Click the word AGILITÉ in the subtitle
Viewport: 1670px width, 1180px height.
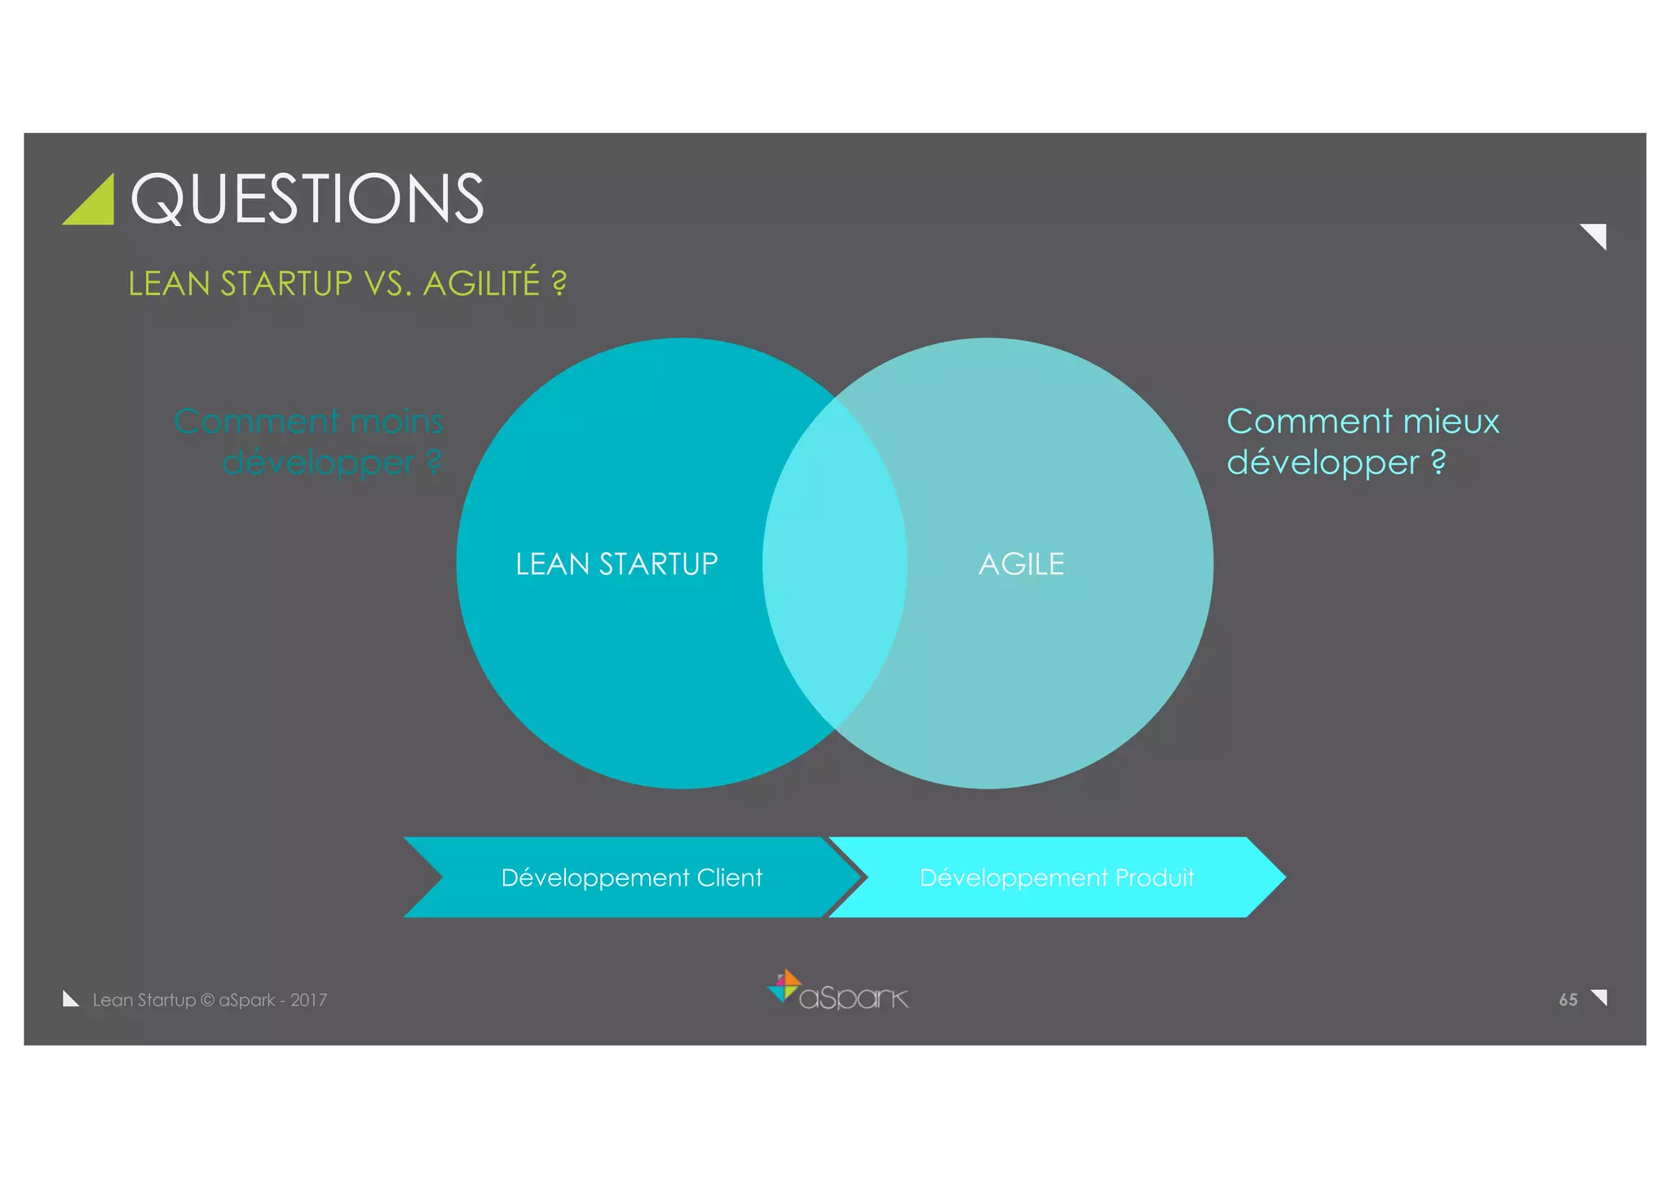(x=481, y=284)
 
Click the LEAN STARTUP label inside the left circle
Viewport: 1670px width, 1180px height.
(x=616, y=564)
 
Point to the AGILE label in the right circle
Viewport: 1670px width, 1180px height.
(x=1021, y=564)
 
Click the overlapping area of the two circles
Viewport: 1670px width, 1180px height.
(x=835, y=563)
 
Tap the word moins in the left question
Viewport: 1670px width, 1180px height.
(x=396, y=422)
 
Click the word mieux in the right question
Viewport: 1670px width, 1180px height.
(x=1451, y=422)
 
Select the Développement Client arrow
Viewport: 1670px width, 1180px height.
(x=620, y=877)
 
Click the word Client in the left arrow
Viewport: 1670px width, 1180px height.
(x=729, y=877)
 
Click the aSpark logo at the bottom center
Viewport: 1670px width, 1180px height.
(x=838, y=992)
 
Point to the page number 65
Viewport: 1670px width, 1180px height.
(x=1567, y=1000)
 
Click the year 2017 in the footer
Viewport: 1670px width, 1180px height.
(x=308, y=1000)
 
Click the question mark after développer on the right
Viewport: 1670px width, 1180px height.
(x=1438, y=462)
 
